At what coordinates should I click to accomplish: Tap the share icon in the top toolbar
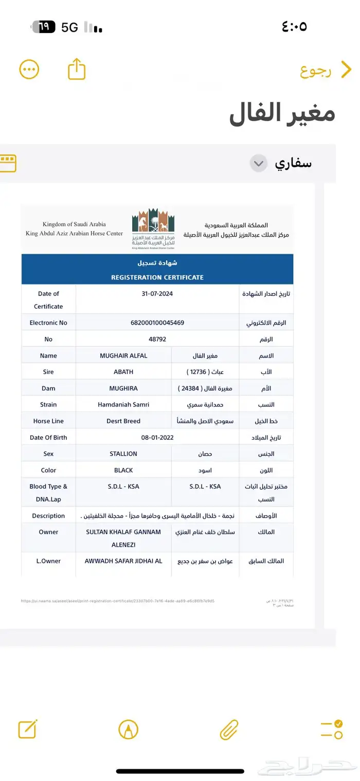pyautogui.click(x=77, y=69)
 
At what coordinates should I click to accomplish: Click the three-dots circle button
pyautogui.click(x=29, y=69)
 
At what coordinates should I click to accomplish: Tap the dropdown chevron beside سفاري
pyautogui.click(x=259, y=164)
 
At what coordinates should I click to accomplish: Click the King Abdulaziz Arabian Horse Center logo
pyautogui.click(x=153, y=228)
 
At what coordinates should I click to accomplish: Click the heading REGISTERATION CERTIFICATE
pyautogui.click(x=157, y=277)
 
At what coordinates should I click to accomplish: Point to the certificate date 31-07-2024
pyautogui.click(x=157, y=294)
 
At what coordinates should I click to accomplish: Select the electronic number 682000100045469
pyautogui.click(x=157, y=323)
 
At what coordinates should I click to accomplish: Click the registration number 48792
pyautogui.click(x=157, y=339)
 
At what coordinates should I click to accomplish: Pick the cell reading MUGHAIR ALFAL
pyautogui.click(x=123, y=356)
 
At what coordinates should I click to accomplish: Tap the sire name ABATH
pyautogui.click(x=123, y=371)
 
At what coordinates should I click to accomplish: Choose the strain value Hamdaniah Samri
pyautogui.click(x=123, y=404)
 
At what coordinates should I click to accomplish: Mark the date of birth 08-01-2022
pyautogui.click(x=157, y=437)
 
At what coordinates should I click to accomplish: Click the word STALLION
pyautogui.click(x=123, y=454)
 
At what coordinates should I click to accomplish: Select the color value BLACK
pyautogui.click(x=123, y=470)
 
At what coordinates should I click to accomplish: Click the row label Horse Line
pyautogui.click(x=48, y=421)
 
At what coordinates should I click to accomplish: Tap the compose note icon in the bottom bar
pyautogui.click(x=27, y=729)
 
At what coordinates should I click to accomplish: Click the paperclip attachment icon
pyautogui.click(x=229, y=729)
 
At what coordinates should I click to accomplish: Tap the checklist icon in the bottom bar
pyautogui.click(x=331, y=729)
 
